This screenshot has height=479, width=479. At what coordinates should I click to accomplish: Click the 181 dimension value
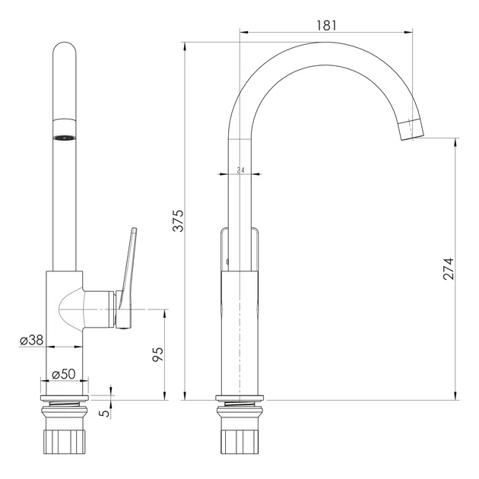coord(326,25)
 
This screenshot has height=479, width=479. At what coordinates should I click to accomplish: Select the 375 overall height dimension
coord(179,220)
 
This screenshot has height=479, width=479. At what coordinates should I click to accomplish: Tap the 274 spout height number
coord(449,269)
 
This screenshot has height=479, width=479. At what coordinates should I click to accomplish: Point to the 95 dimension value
coord(158,354)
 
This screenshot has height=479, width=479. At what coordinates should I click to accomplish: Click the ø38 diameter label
coord(32,340)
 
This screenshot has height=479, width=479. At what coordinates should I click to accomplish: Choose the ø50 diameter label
coord(64,373)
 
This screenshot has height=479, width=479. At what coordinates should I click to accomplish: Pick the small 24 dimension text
coord(241,170)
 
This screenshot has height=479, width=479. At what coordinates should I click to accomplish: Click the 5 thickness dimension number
coord(105,413)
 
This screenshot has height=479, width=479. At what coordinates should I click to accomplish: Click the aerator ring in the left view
coord(64,138)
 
